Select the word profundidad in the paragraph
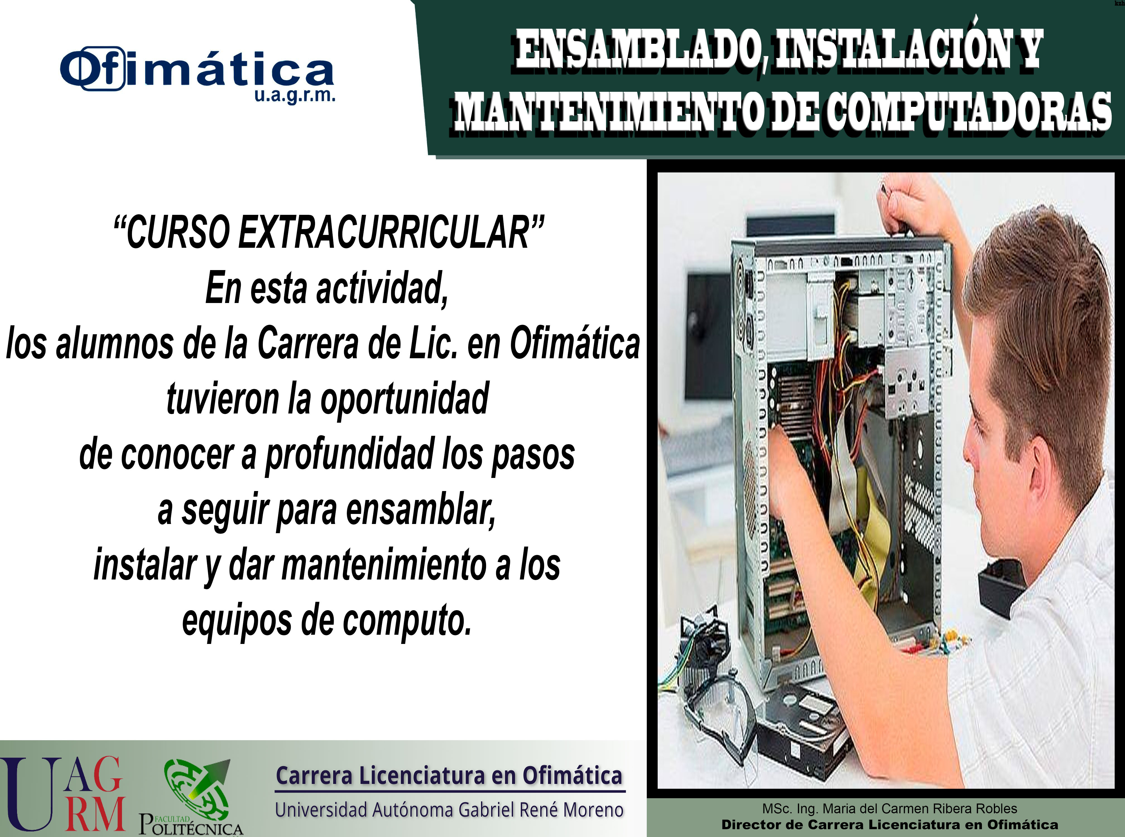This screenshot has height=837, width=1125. [350, 455]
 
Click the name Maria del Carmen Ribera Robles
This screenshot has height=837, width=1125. [920, 809]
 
